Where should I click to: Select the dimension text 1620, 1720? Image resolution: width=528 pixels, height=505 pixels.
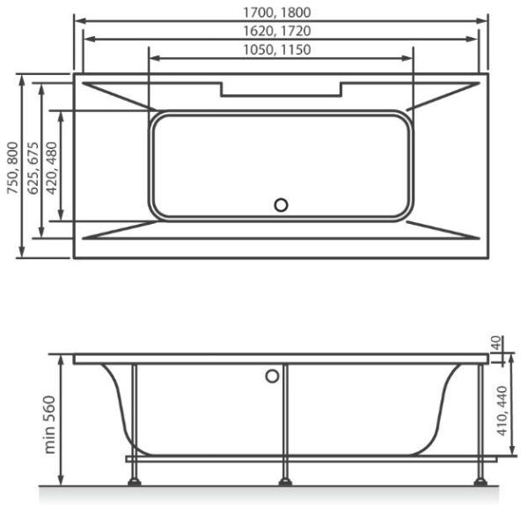coord(281,31)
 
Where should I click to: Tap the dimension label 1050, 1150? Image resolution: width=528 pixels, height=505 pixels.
coord(281,49)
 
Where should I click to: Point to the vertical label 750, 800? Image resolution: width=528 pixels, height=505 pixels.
coord(11,167)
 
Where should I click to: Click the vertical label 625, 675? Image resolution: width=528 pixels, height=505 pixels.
coord(31,167)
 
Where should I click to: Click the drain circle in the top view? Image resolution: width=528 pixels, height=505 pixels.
coord(281,205)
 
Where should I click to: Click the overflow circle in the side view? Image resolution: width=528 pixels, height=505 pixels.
coord(272,377)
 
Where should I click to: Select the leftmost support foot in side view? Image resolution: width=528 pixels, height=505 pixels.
coord(135,481)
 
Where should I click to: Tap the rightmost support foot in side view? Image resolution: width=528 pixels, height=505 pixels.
coord(479,481)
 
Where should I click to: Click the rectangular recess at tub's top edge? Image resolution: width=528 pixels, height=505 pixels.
coord(281,89)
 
